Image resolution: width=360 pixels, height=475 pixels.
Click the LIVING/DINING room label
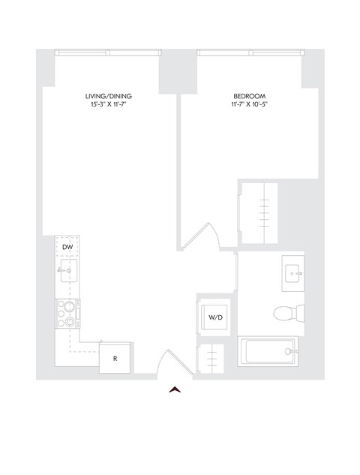coord(106,96)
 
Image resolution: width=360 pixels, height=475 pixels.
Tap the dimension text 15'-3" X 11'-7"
coord(106,105)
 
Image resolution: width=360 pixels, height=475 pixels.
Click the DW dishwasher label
coord(67,247)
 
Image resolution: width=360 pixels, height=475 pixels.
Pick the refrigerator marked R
coord(115,358)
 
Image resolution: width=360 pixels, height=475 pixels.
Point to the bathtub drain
coord(289,350)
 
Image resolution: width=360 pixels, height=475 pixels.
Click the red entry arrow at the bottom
coord(175,388)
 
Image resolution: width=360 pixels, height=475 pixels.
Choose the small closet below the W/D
coord(211,358)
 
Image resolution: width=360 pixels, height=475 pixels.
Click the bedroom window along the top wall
coord(250,53)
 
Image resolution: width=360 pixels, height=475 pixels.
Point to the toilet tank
coord(298,314)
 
